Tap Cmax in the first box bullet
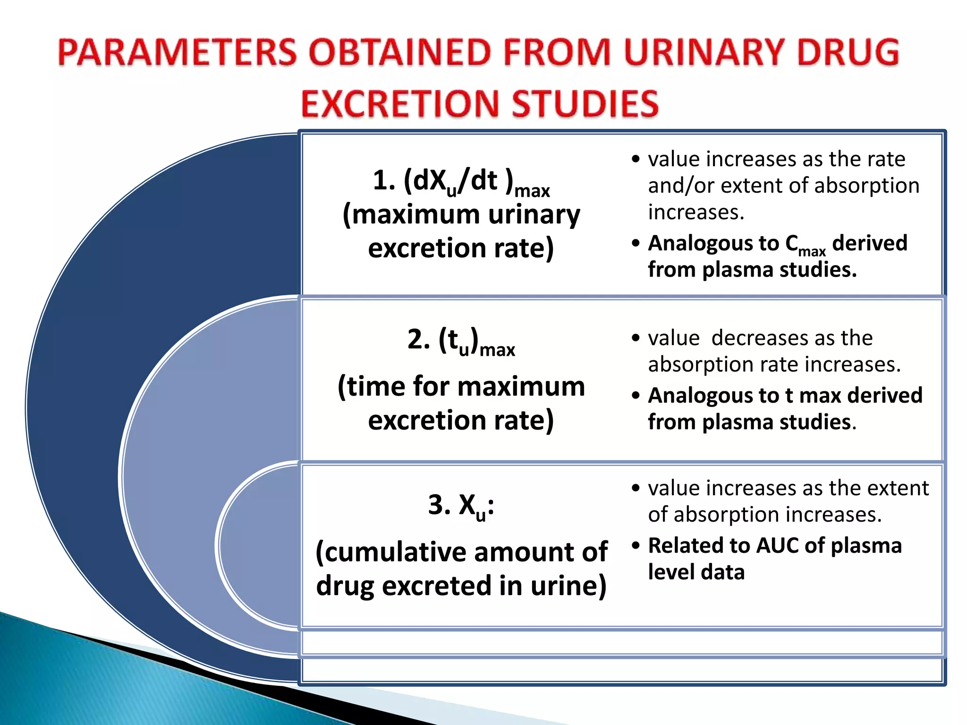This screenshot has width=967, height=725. click(x=805, y=244)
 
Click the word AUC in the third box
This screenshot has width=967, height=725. click(x=777, y=546)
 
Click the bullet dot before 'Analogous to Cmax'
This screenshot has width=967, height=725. click(x=636, y=244)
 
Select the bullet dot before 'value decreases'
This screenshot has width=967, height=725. click(x=636, y=338)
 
